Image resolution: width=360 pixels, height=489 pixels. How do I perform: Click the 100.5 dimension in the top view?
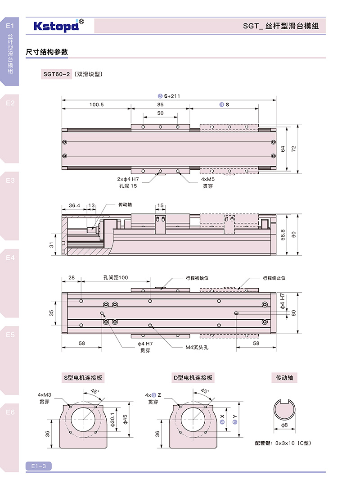(x=96, y=104)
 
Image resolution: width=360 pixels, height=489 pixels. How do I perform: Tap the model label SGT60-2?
(x=57, y=74)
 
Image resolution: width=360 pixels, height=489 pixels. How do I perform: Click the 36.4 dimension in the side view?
(x=74, y=206)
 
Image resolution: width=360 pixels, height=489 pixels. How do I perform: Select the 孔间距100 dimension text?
(x=115, y=278)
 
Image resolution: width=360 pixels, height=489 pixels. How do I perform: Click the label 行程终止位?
(x=274, y=278)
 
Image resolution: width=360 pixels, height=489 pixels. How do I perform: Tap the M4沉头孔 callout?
(x=197, y=347)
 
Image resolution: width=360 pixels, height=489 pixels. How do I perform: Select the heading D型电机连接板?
(x=192, y=377)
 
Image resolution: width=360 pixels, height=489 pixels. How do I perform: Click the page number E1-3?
(x=39, y=466)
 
